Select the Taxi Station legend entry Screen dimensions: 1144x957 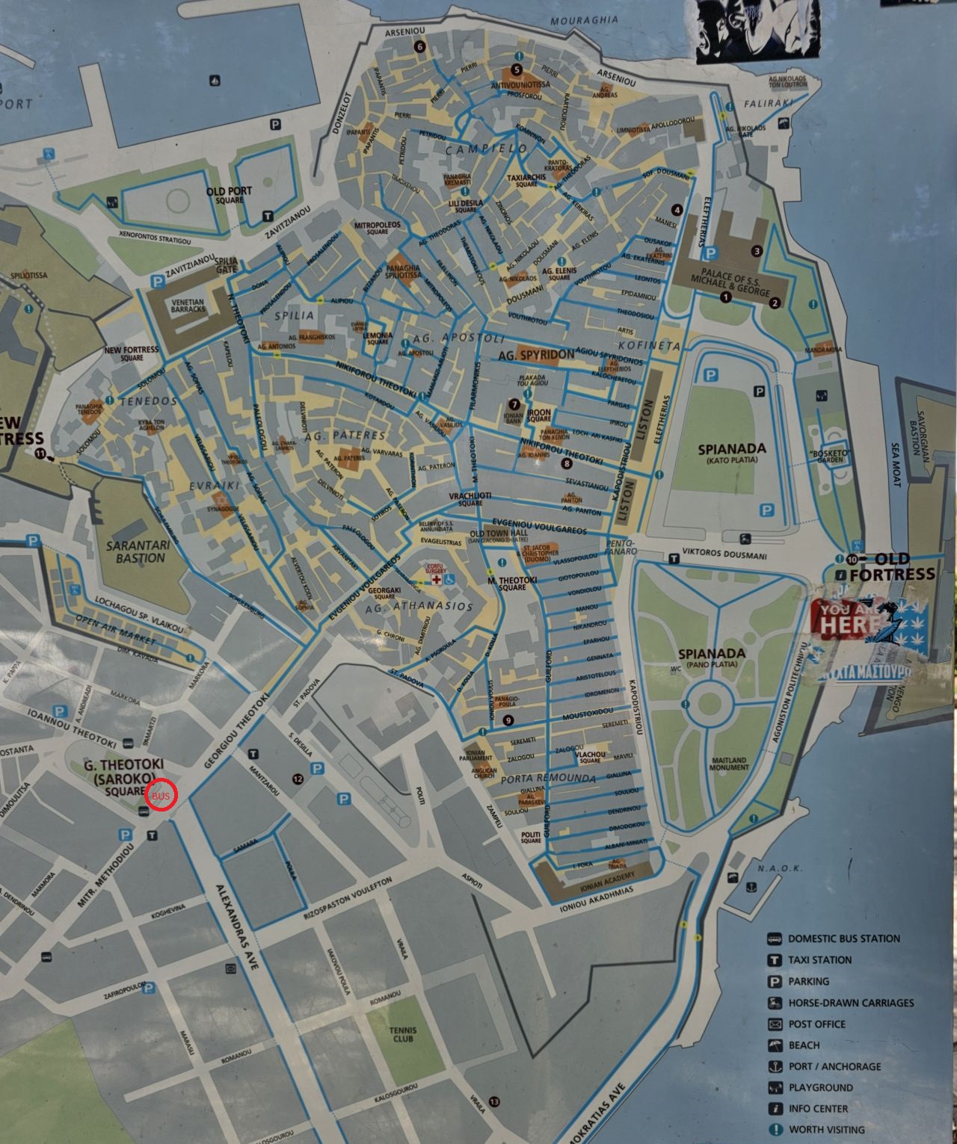point(819,960)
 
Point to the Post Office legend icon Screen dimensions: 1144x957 point(775,1024)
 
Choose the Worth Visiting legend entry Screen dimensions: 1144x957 point(825,1130)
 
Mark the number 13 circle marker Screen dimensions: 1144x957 point(493,1102)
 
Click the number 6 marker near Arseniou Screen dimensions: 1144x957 point(419,46)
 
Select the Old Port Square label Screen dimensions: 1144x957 point(230,196)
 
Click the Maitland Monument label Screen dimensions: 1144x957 point(729,764)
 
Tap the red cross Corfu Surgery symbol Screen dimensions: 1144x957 point(435,580)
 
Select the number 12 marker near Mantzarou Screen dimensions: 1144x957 point(298,779)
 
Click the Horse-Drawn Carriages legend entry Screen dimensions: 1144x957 point(850,1003)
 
